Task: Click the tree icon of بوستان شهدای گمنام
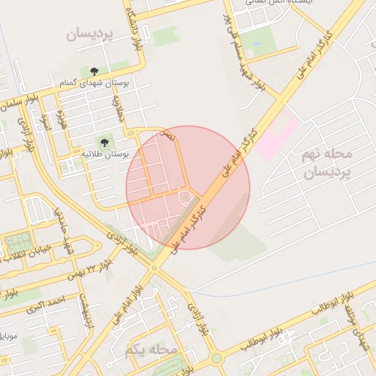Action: pyautogui.click(x=94, y=71)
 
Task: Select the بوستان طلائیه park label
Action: pyautogui.click(x=104, y=155)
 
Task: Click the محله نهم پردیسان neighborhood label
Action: pyautogui.click(x=328, y=164)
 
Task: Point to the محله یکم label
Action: pyautogui.click(x=152, y=349)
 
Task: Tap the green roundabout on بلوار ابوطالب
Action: pyautogui.click(x=217, y=358)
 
